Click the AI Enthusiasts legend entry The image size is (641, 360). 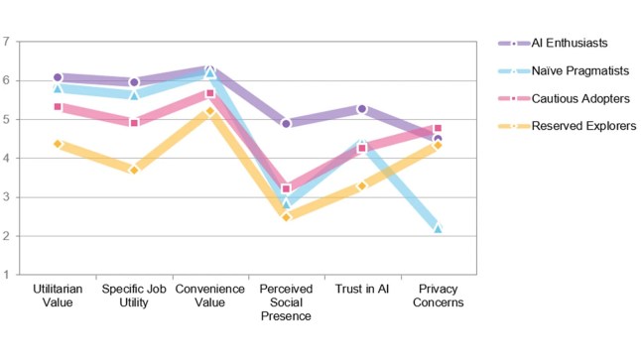coord(569,43)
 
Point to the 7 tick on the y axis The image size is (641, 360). coord(6,42)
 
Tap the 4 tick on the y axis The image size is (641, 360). coord(6,159)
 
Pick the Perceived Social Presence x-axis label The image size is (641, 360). coord(286,302)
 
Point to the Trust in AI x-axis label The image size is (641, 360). coord(362,289)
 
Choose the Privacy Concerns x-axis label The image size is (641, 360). coord(438,296)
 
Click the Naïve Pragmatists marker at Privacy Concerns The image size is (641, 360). coord(438,228)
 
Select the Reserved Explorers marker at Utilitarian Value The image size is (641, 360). coord(58,144)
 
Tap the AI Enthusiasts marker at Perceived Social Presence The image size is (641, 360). coord(286,124)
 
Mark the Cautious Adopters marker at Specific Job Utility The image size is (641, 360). coord(133,123)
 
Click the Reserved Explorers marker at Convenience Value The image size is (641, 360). coord(209,111)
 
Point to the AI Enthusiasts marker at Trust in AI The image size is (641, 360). coord(362,108)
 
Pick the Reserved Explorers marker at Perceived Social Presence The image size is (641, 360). coord(286,216)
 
